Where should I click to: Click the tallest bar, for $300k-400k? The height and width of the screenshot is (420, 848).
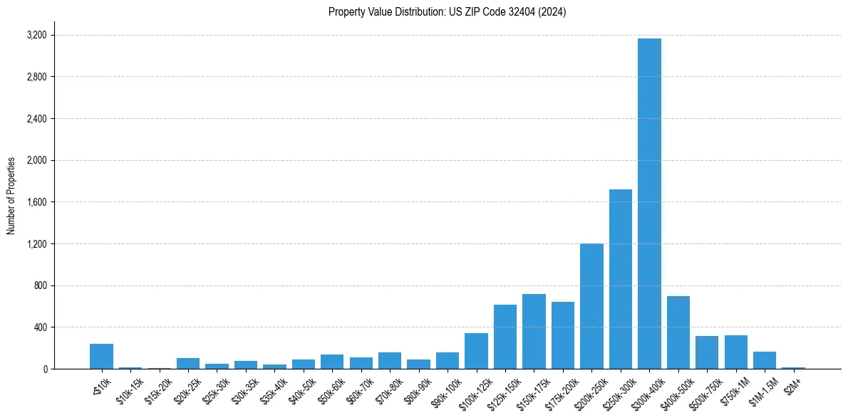point(649,204)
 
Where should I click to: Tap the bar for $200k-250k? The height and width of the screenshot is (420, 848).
point(591,306)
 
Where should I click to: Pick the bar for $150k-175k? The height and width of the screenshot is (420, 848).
point(534,332)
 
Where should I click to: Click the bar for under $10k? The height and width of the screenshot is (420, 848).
point(101,357)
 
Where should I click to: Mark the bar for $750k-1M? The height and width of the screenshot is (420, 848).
point(735,352)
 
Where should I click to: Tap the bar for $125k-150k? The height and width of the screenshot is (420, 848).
point(505,337)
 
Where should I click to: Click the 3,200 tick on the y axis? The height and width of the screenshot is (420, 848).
point(36,35)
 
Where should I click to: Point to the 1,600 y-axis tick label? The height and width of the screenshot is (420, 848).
point(36,202)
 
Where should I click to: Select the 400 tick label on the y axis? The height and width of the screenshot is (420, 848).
point(40,327)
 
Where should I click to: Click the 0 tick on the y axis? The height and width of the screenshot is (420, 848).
point(45,369)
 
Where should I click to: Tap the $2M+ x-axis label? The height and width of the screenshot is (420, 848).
point(794,384)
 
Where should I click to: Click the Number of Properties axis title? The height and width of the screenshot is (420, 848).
point(11,195)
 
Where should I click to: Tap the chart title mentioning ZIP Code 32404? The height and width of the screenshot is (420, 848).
point(447,12)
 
